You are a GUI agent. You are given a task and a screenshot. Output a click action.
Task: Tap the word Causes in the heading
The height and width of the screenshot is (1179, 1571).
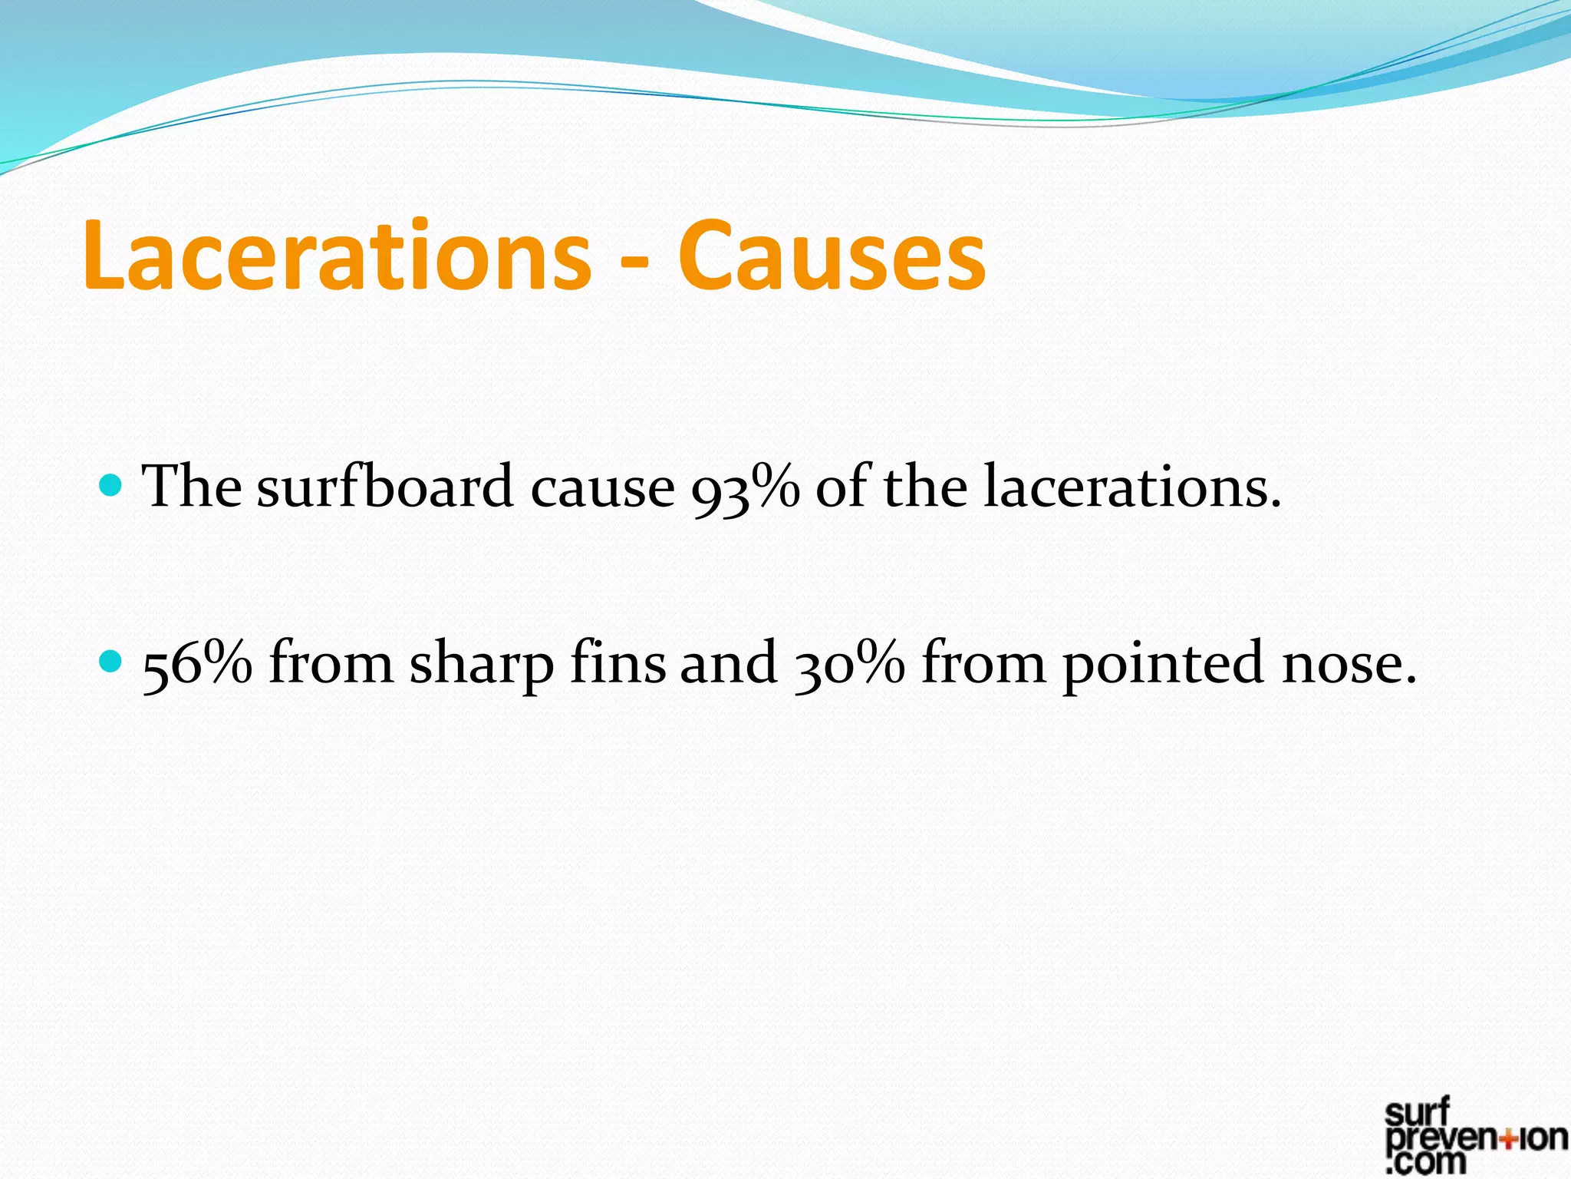point(832,256)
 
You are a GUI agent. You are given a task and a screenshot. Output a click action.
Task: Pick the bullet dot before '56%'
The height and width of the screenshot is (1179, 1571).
point(111,660)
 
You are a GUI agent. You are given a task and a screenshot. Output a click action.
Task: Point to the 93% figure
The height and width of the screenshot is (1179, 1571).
point(745,489)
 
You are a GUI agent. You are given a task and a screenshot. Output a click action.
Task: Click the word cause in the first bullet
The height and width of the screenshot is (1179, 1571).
point(603,489)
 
